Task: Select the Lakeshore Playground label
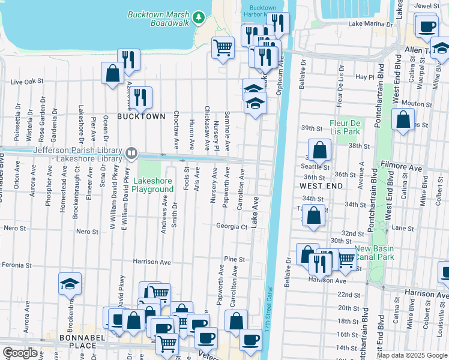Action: click(152, 184)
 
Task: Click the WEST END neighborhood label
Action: click(321, 187)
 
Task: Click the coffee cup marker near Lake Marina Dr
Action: click(427, 26)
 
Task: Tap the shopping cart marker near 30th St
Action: click(346, 259)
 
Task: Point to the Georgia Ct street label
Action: click(232, 227)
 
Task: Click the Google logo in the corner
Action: click(20, 353)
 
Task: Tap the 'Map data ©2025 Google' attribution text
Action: click(411, 355)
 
